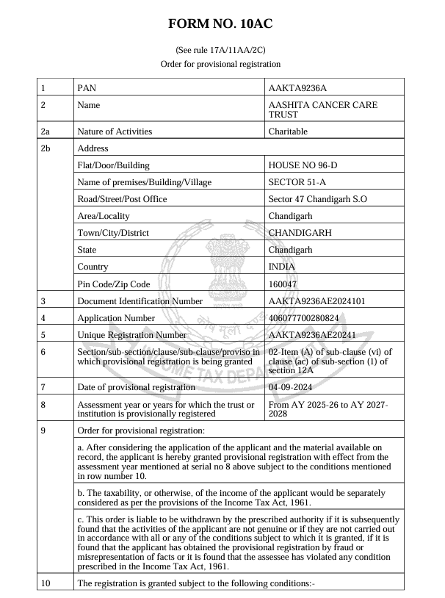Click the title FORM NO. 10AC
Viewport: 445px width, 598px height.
coord(220,24)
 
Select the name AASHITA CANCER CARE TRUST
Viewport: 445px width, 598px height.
coord(323,110)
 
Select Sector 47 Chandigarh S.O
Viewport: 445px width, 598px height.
coord(318,199)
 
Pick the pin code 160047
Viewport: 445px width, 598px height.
coord(283,284)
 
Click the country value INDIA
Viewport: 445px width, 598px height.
coord(282,267)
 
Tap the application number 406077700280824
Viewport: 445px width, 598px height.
coord(314,318)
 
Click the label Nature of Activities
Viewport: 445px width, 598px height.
coord(115,132)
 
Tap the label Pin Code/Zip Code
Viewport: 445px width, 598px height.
coord(113,284)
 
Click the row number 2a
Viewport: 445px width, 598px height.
coord(46,132)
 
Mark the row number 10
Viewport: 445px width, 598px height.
coord(46,584)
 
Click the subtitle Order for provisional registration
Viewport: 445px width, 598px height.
coord(220,64)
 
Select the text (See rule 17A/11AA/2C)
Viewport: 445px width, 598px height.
coord(220,50)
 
